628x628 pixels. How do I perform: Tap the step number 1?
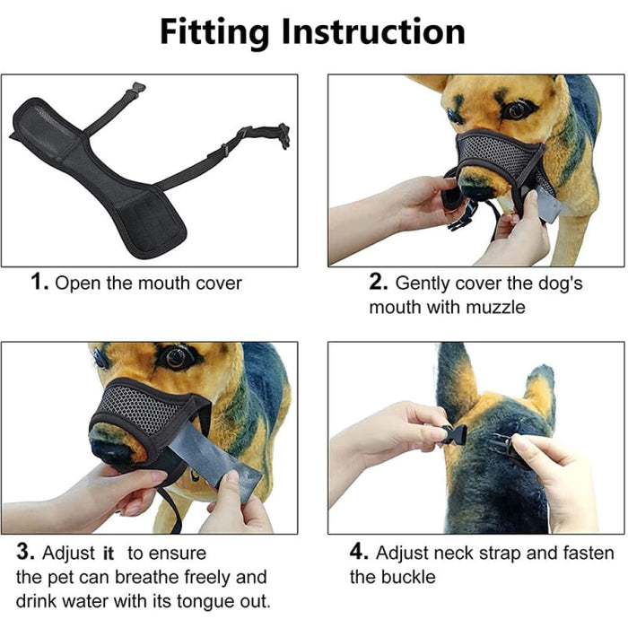[39, 283]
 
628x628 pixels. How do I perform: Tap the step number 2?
[378, 283]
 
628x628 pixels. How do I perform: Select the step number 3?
[26, 553]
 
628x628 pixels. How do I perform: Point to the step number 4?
[358, 553]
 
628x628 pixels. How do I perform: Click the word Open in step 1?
[76, 283]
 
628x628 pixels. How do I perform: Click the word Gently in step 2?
[426, 283]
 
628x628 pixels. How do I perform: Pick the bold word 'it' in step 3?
[109, 554]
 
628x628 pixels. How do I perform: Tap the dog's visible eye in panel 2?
[518, 109]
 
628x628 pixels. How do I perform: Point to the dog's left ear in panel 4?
[455, 377]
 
